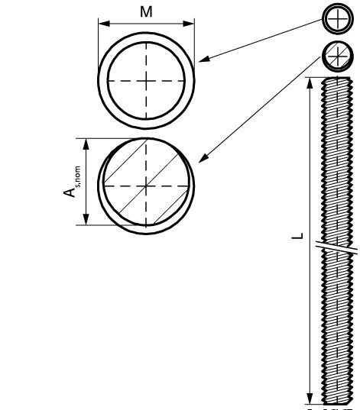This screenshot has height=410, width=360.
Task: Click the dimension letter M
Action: [x=146, y=12]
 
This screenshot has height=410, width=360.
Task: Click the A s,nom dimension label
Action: [x=72, y=182]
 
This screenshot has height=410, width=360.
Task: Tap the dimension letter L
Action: [x=297, y=236]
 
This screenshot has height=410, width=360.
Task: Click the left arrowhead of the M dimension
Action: [x=104, y=24]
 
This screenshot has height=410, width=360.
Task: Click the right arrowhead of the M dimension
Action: [x=189, y=24]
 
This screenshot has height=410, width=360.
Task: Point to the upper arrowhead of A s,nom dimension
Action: [x=86, y=144]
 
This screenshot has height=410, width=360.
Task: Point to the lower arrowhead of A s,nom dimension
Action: [x=86, y=219]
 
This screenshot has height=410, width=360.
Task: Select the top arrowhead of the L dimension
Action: [x=310, y=83]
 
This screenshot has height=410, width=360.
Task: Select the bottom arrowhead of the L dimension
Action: [x=310, y=399]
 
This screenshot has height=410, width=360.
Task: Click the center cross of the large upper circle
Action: [x=146, y=81]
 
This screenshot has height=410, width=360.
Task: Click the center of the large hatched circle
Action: [x=146, y=186]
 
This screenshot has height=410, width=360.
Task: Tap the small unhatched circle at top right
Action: [x=338, y=19]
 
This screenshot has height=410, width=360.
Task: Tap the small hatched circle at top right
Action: [x=338, y=56]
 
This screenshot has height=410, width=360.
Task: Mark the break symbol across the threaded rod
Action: [x=337, y=247]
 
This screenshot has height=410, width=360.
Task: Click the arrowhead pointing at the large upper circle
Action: [x=204, y=60]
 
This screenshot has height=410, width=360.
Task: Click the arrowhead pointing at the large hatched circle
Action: [x=203, y=158]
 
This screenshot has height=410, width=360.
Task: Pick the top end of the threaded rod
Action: [x=337, y=78]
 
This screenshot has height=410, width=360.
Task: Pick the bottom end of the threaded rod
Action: [x=337, y=403]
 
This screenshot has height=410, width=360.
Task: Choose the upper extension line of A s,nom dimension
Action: [x=110, y=138]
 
